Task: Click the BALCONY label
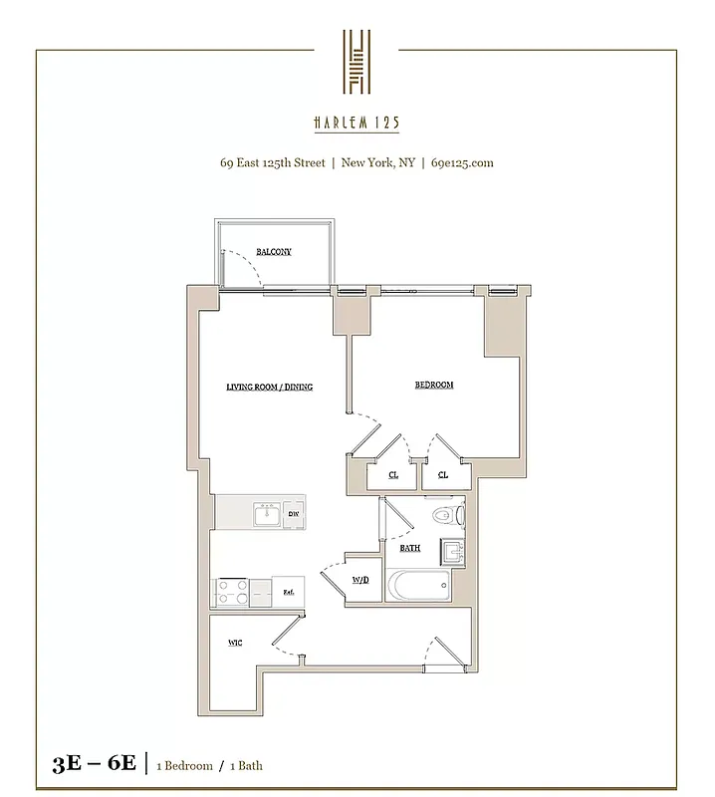pos(273,252)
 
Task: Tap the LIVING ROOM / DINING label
pos(269,387)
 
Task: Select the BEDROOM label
pos(434,385)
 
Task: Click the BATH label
pos(409,548)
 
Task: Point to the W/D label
pos(360,580)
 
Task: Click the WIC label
pos(235,643)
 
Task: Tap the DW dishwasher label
pos(294,514)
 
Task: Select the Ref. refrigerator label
pos(288,591)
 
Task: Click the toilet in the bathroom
pos(449,516)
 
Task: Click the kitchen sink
pos(265,514)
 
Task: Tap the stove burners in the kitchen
pos(232,590)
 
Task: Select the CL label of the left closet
pos(393,475)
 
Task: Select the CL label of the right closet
pos(442,475)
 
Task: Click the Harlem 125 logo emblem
pos(357,62)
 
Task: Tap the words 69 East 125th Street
pos(272,162)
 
